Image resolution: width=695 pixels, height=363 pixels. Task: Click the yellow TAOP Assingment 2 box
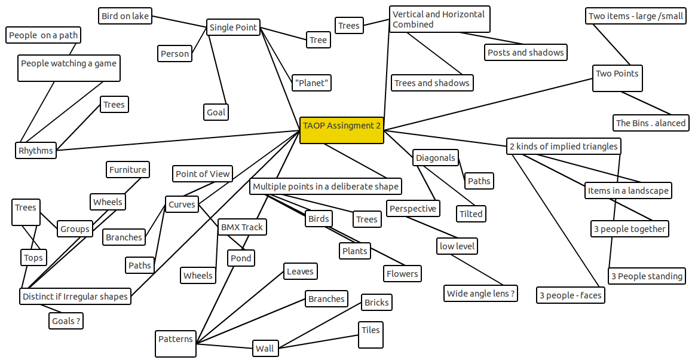[x=342, y=130]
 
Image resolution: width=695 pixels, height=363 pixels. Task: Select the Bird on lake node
[x=125, y=16]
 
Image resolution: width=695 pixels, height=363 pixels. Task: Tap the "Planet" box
[x=311, y=83]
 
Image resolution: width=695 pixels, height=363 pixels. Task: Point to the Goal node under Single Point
[x=216, y=112]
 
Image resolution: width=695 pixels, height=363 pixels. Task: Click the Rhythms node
[x=35, y=151]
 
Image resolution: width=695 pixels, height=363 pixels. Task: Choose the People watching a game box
[x=69, y=68]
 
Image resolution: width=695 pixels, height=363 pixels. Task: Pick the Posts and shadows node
[x=526, y=53]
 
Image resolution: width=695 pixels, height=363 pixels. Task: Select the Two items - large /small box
[x=636, y=16]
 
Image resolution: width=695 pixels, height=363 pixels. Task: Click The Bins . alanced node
[x=651, y=123]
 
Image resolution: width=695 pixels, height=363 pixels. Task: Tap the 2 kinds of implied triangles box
[x=564, y=146]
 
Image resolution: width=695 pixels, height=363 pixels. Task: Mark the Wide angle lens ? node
[x=480, y=293]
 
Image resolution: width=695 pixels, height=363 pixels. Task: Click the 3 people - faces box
[x=571, y=295]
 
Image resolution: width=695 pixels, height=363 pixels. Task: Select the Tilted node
[x=471, y=214]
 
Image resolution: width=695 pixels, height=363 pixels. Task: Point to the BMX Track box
[x=242, y=227]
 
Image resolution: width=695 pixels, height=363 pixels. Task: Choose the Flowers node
[x=402, y=274]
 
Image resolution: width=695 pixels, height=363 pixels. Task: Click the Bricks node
[x=376, y=303]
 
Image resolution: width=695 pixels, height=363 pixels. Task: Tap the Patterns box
[x=176, y=343]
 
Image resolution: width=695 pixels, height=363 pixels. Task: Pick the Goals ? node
[x=66, y=321]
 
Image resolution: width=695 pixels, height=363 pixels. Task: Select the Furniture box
[x=128, y=169]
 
